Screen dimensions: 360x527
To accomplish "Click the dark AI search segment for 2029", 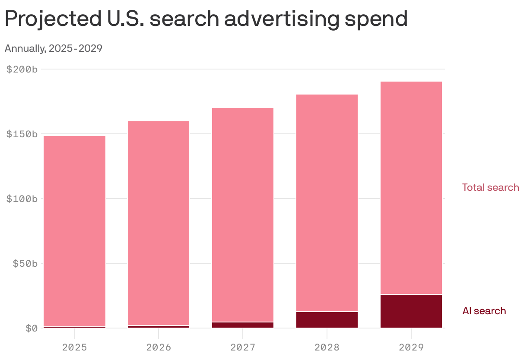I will [411, 311].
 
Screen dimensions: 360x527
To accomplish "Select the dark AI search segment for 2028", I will [327, 320].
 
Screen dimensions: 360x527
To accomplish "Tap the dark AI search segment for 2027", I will [243, 325].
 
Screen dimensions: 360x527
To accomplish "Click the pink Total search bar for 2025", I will [75, 231].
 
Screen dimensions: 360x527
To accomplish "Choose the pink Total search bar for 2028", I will [327, 203].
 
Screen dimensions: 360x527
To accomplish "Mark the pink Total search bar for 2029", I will [411, 188].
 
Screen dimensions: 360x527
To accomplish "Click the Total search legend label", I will [490, 187].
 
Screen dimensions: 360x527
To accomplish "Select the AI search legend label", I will [484, 311].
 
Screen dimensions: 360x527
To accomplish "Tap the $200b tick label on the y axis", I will [22, 69].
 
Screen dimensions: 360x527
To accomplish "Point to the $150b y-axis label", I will [22, 134].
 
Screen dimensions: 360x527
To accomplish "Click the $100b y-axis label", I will [22, 199].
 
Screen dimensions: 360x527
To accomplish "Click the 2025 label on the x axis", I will [75, 347].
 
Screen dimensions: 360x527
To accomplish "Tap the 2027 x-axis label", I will [243, 347].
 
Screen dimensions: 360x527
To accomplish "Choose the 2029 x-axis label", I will [411, 347].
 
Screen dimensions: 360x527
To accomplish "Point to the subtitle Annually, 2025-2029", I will [53, 48].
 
